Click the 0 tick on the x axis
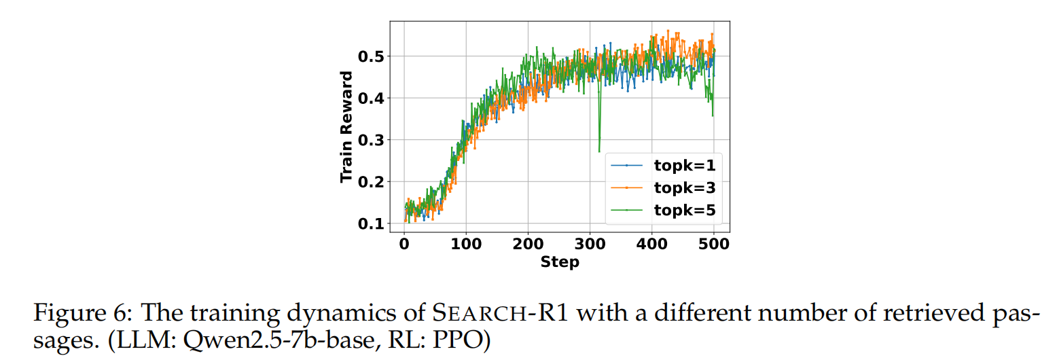(x=404, y=244)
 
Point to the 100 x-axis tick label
(x=466, y=244)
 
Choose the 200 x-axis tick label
(x=528, y=244)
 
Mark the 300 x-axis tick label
(x=590, y=244)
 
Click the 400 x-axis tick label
(x=652, y=244)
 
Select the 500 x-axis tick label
(x=714, y=244)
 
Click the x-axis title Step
(x=560, y=262)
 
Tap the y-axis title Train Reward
(x=347, y=126)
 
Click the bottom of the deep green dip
(x=599, y=151)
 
